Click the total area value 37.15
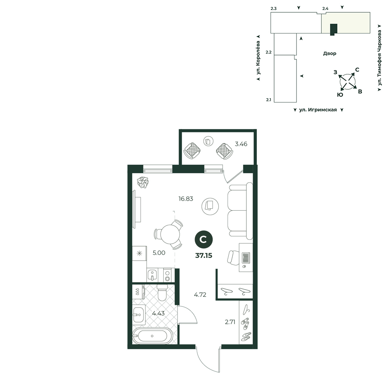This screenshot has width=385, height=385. point(204,256)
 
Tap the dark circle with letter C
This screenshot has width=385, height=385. point(204,239)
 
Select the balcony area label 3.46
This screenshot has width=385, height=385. point(241,144)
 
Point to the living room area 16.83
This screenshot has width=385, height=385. point(186,199)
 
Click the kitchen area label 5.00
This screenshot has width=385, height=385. point(159,253)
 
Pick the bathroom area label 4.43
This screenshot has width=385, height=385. point(158,313)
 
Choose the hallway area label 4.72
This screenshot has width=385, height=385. point(200,295)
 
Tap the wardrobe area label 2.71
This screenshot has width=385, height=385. point(230,322)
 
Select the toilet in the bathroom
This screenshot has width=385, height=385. point(162,293)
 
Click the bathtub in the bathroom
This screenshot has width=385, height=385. point(152,336)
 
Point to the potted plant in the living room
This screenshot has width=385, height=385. point(143,182)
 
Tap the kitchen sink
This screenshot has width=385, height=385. point(152,275)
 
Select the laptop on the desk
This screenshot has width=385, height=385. point(246,258)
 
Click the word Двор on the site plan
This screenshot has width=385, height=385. point(330,54)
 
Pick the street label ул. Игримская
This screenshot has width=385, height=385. point(318,110)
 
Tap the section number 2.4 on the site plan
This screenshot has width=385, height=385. point(325,8)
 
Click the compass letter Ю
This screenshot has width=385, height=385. point(340,95)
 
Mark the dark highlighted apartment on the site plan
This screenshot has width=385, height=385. point(333,29)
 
